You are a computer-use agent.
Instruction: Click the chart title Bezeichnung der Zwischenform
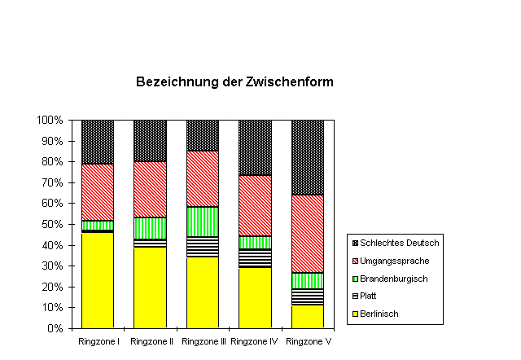click(234, 82)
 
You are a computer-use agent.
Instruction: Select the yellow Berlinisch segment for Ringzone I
click(98, 280)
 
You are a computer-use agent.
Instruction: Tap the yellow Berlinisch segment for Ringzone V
click(308, 316)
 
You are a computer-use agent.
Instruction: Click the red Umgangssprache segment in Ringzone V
click(308, 234)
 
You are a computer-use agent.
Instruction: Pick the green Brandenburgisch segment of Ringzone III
click(203, 222)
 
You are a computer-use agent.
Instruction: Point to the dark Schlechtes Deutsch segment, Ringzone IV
click(255, 147)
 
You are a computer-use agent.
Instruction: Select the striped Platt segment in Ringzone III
click(203, 247)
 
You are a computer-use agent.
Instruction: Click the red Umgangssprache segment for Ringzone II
click(150, 189)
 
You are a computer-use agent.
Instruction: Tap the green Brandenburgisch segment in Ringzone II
click(150, 228)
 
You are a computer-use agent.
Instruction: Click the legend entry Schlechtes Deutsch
click(396, 243)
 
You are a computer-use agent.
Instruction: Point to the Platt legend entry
click(375, 296)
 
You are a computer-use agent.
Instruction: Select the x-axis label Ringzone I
click(99, 340)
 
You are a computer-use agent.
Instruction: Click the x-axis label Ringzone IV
click(255, 340)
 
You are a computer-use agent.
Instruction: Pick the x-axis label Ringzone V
click(308, 340)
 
